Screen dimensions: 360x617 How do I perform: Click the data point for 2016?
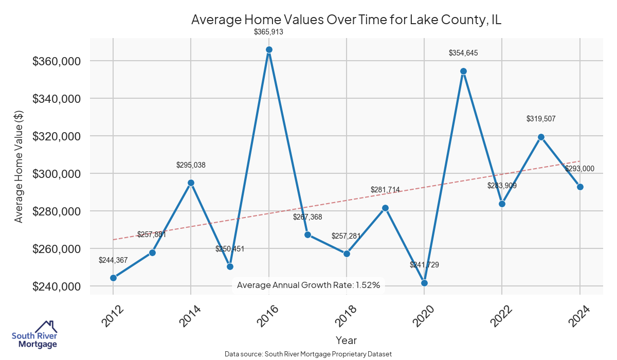(x=269, y=50)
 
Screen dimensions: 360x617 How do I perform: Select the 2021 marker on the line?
(x=463, y=71)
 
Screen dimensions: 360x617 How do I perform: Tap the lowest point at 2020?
(x=424, y=283)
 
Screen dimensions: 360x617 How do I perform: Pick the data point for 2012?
(x=113, y=278)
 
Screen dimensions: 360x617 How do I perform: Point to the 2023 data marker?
(x=541, y=137)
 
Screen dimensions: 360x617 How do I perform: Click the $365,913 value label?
(x=269, y=32)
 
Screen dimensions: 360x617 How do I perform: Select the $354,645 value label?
(x=463, y=53)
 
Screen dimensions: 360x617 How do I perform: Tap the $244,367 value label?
(x=113, y=260)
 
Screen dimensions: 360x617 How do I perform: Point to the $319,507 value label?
(x=541, y=119)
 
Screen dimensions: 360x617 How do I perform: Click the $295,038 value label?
(x=191, y=165)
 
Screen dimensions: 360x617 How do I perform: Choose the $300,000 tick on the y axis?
(x=56, y=174)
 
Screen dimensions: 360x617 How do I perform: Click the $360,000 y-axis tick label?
(x=56, y=61)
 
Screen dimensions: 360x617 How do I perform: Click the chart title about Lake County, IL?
(x=346, y=20)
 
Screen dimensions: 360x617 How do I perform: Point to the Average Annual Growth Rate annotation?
(x=308, y=285)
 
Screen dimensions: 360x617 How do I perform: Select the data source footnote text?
(x=308, y=354)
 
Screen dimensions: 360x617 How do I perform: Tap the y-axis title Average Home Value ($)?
(x=19, y=166)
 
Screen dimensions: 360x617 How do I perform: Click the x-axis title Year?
(x=346, y=340)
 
